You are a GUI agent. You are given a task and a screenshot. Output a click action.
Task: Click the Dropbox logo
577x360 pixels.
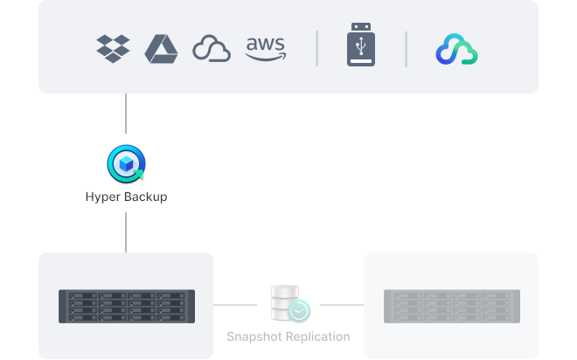click(114, 48)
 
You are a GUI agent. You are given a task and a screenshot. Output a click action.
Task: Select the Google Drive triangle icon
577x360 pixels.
click(161, 48)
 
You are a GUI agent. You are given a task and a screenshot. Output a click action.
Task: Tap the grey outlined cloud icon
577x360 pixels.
click(212, 49)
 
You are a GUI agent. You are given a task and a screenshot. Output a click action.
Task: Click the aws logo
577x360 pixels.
click(266, 49)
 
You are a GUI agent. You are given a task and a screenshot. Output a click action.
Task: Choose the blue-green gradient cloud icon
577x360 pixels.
click(456, 50)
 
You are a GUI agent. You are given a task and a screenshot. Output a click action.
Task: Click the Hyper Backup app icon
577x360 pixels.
click(126, 163)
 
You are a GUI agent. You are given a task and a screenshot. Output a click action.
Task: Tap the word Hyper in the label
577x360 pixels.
click(103, 197)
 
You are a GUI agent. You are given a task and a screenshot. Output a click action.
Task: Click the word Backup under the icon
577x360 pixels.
click(145, 197)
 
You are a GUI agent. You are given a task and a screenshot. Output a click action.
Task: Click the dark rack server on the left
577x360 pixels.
click(126, 306)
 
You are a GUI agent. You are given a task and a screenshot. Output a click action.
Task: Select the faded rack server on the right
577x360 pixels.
click(451, 306)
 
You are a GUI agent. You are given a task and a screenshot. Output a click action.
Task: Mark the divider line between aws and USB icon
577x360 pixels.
click(317, 49)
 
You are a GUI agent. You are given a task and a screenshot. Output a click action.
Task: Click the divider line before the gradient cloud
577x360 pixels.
click(407, 49)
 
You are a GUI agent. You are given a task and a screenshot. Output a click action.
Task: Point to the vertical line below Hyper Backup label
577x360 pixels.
click(126, 232)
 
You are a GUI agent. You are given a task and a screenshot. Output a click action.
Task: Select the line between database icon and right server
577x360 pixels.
click(337, 305)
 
